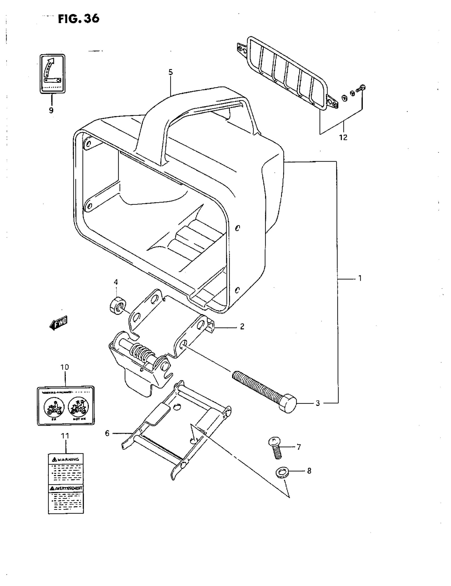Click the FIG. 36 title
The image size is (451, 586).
(x=79, y=19)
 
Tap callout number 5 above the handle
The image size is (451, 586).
(x=171, y=72)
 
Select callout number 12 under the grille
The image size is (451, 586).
(x=343, y=137)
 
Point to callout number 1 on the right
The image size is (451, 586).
(x=360, y=278)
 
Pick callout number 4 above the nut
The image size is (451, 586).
(x=116, y=282)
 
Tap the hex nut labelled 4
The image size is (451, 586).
(x=117, y=305)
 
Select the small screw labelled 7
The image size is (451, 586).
(x=275, y=448)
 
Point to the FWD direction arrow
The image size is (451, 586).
(x=59, y=323)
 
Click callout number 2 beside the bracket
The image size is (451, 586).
(x=242, y=327)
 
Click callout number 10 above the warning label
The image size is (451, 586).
(x=65, y=367)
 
